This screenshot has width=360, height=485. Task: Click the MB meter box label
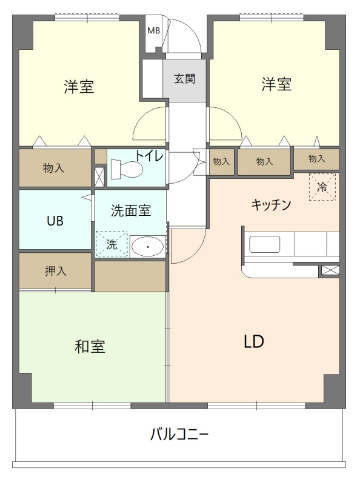(x=154, y=30)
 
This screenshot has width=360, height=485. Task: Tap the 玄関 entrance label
(x=184, y=79)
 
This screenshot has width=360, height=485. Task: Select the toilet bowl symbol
(x=128, y=169)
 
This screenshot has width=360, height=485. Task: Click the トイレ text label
(x=148, y=155)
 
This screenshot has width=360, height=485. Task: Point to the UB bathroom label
(x=55, y=220)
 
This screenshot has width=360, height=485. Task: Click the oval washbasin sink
(x=147, y=247)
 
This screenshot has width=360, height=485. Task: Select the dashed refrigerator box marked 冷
(x=322, y=187)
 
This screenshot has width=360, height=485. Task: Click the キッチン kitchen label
(x=272, y=205)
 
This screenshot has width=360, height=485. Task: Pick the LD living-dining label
(x=253, y=341)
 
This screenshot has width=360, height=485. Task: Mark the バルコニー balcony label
(x=179, y=435)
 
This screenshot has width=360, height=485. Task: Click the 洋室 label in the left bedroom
(x=79, y=86)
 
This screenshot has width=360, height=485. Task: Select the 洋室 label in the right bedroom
(x=276, y=85)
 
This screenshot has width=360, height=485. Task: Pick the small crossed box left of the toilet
(x=99, y=176)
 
